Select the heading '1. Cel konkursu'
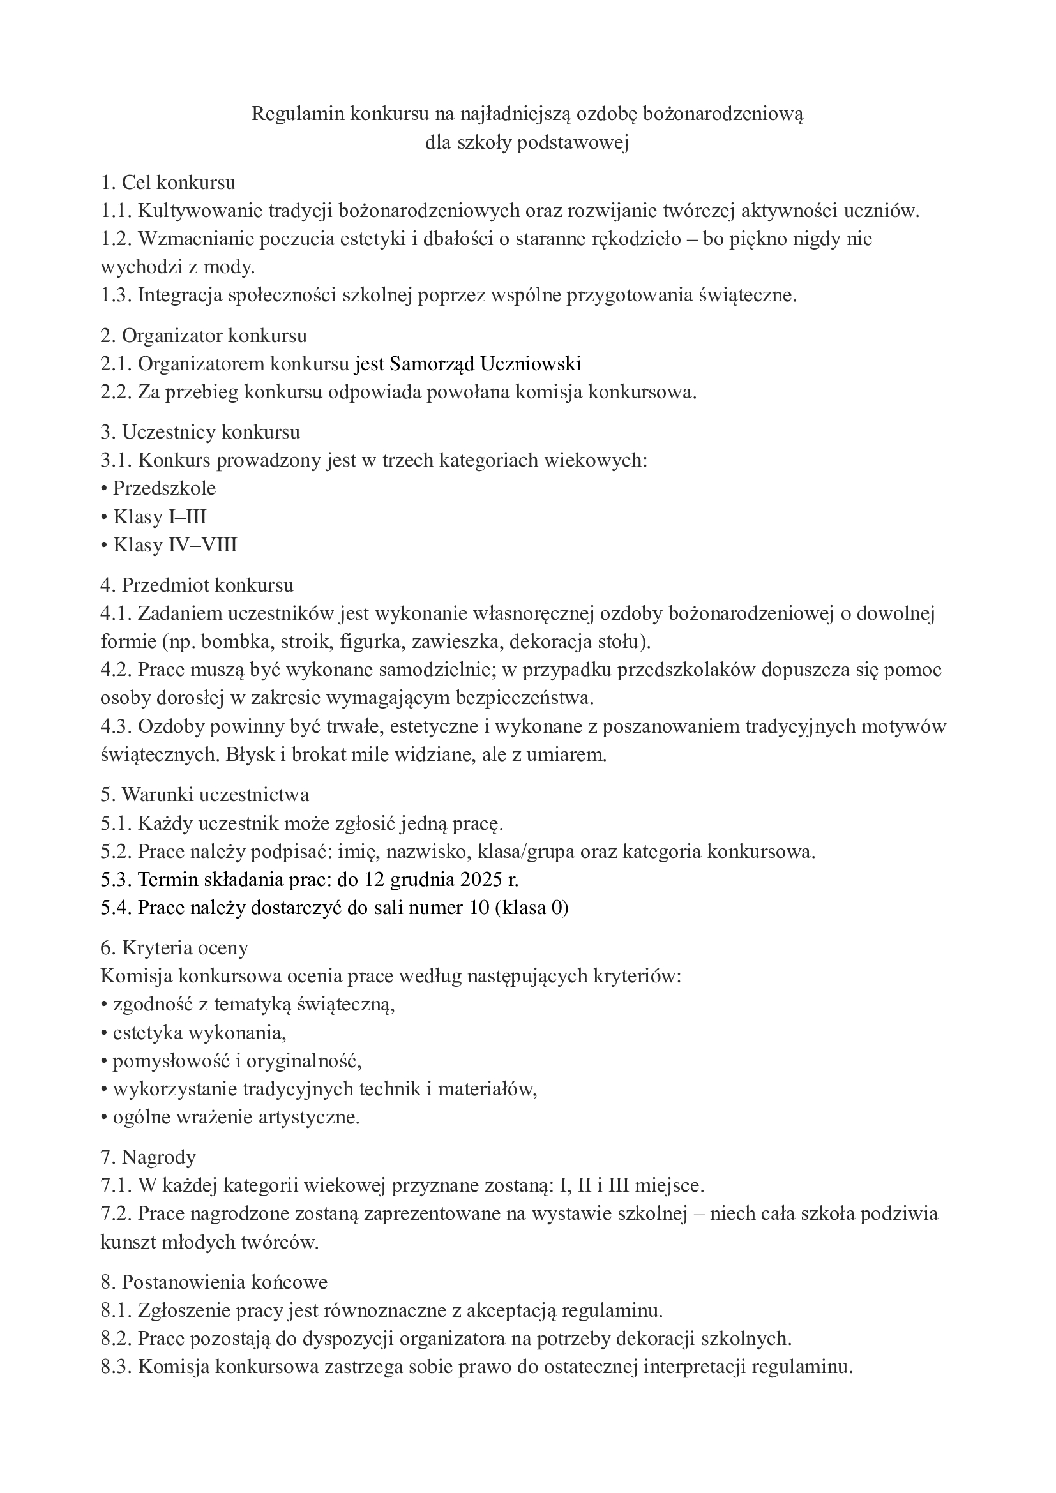coord(168,183)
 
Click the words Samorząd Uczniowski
coord(485,364)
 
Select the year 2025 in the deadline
coord(481,880)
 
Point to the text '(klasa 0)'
coord(531,908)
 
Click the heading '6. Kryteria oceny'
coord(174,948)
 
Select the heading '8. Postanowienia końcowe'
coord(214,1282)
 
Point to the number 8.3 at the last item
coord(116,1367)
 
